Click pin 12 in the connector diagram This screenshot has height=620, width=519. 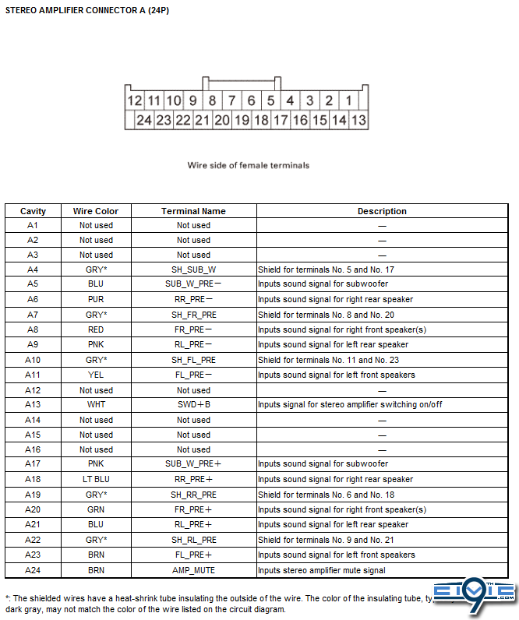[135, 100]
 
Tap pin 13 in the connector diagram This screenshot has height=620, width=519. [358, 120]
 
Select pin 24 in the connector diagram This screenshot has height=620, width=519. [144, 120]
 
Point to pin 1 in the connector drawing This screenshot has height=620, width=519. [348, 100]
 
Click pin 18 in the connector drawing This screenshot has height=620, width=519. [261, 120]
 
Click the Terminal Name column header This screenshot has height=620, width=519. [193, 211]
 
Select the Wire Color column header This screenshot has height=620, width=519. [96, 211]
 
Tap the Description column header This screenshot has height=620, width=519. [382, 211]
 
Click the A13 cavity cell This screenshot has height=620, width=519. [33, 405]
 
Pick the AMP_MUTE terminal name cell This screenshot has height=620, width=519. [193, 570]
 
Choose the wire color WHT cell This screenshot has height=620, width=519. [96, 405]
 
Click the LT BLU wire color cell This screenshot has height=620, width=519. [96, 480]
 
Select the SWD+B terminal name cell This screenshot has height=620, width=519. [193, 405]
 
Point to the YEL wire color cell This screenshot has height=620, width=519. [96, 375]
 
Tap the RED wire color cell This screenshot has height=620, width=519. [96, 329]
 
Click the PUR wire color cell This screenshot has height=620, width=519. [96, 299]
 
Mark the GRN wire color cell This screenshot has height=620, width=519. [96, 509]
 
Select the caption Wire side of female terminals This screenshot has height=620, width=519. [249, 165]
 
